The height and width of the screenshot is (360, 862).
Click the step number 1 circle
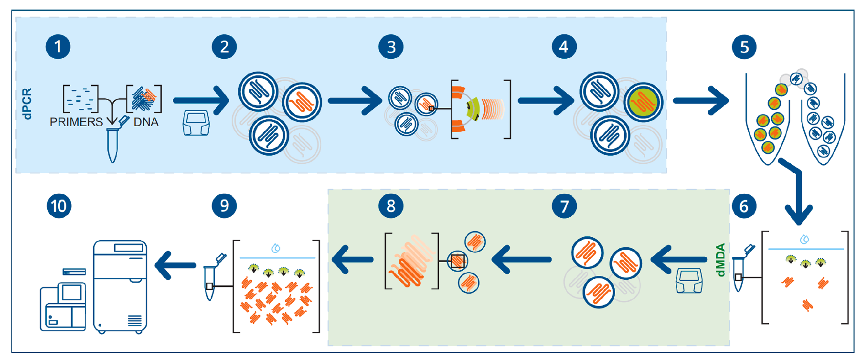click(58, 47)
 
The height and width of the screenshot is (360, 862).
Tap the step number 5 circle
click(744, 47)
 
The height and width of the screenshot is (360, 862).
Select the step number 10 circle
click(59, 206)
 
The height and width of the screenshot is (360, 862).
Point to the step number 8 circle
click(391, 206)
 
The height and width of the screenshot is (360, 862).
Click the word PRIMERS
click(76, 122)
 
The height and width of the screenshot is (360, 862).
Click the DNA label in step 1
click(146, 122)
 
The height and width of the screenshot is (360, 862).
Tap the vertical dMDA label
click(721, 260)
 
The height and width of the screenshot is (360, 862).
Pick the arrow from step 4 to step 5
click(701, 101)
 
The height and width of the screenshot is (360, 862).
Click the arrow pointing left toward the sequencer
click(175, 265)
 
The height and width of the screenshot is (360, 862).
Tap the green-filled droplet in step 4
click(643, 102)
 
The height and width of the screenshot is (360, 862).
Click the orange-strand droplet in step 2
click(302, 102)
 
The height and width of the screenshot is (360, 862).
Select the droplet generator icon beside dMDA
click(689, 280)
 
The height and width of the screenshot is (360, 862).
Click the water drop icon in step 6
click(804, 239)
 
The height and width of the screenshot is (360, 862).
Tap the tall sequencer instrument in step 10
click(120, 286)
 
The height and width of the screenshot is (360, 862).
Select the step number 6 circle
click(744, 206)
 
